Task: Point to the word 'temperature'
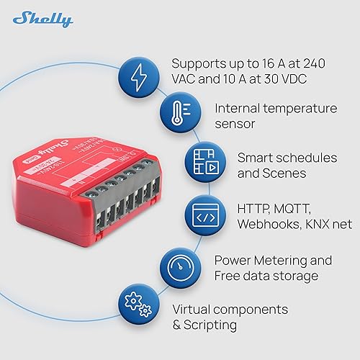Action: [x=307, y=108]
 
